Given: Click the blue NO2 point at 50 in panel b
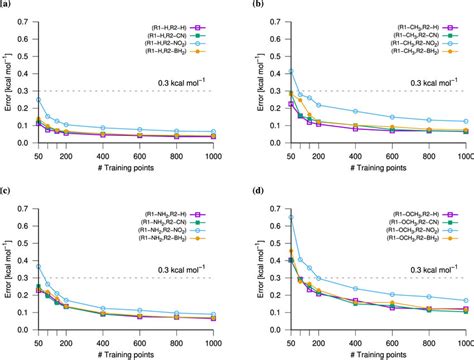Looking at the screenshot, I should click(289, 72).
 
